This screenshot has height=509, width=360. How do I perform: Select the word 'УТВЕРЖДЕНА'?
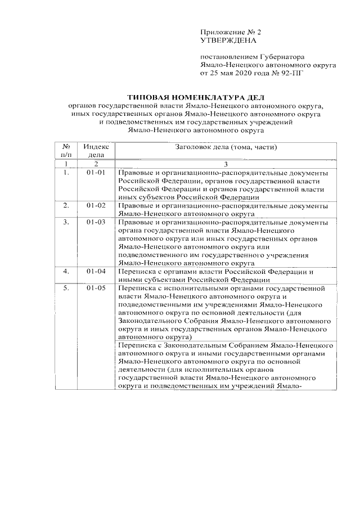pyautogui.click(x=228, y=41)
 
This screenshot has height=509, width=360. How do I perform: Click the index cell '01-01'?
pyautogui.click(x=96, y=173)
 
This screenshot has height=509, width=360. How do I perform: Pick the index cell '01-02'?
pyautogui.click(x=96, y=206)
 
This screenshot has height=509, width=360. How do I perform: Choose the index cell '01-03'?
pyautogui.click(x=96, y=222)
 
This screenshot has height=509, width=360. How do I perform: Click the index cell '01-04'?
pyautogui.click(x=96, y=271)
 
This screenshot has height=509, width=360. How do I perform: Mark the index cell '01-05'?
pyautogui.click(x=96, y=287)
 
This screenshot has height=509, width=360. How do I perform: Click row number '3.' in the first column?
pyautogui.click(x=66, y=222)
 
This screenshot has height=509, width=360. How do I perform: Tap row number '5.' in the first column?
pyautogui.click(x=66, y=287)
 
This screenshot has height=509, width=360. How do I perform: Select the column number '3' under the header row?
pyautogui.click(x=225, y=164)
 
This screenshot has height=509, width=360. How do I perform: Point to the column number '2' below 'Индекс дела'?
pyautogui.click(x=96, y=164)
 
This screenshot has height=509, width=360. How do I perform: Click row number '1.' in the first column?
pyautogui.click(x=66, y=173)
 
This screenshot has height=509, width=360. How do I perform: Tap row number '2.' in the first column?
pyautogui.click(x=66, y=206)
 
